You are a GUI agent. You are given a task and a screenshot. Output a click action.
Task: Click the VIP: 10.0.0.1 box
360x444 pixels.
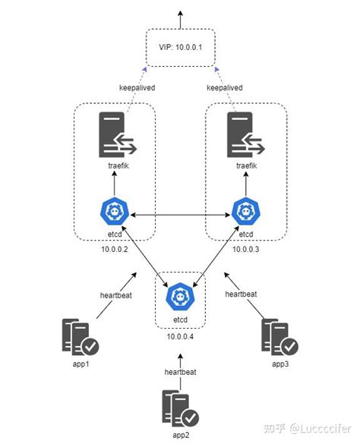click(180, 47)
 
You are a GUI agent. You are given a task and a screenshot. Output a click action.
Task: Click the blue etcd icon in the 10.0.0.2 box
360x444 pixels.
click(116, 211)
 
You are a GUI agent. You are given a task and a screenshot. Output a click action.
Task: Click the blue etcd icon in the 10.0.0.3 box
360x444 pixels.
click(245, 211)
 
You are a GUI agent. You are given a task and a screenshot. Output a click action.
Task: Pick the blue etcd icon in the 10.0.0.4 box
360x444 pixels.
click(181, 296)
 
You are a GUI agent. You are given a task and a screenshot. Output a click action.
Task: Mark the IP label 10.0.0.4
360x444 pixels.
click(181, 336)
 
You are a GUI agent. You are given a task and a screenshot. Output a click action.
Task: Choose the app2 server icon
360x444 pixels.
click(181, 408)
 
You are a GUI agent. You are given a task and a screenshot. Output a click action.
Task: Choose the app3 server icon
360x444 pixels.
click(279, 339)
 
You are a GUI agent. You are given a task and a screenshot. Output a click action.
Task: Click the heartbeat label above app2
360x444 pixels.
click(181, 372)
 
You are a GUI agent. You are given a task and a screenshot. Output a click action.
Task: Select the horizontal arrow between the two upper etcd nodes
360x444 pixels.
click(180, 216)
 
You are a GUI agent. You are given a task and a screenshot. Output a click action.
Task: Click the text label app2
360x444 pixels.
click(181, 436)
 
